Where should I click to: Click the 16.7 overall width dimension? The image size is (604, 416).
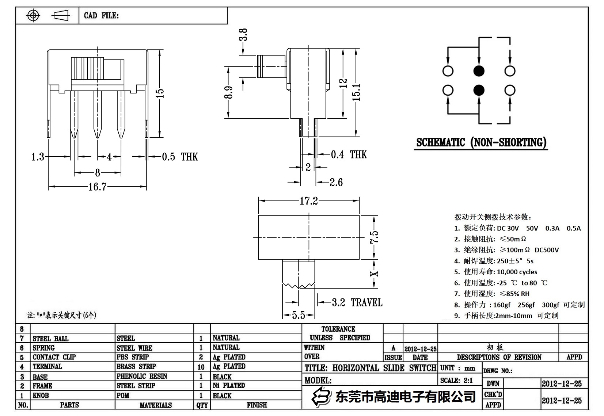click(97, 187)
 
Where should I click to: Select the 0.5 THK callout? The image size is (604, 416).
click(179, 157)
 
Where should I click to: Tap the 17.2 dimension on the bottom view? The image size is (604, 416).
click(309, 201)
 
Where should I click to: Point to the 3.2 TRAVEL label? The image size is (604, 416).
click(357, 302)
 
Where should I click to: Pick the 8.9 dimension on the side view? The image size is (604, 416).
click(229, 92)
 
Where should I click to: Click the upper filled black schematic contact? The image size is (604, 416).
click(479, 71)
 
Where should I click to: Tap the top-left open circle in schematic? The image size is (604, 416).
click(448, 71)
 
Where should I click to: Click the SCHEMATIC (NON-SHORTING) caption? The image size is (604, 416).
click(481, 142)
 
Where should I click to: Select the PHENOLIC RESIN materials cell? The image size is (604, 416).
click(142, 376)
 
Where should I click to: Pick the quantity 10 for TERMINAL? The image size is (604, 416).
click(201, 367)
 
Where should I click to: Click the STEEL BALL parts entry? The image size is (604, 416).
click(50, 339)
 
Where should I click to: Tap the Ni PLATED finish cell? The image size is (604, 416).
click(229, 385)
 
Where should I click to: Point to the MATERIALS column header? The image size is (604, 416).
click(155, 405)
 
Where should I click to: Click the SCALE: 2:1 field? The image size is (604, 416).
click(456, 380)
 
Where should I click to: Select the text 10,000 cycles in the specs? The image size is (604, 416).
click(517, 272)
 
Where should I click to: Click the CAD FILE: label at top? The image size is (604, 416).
click(101, 15)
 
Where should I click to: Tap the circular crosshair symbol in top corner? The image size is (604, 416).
click(33, 15)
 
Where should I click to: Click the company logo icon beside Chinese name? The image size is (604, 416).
click(320, 396)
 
